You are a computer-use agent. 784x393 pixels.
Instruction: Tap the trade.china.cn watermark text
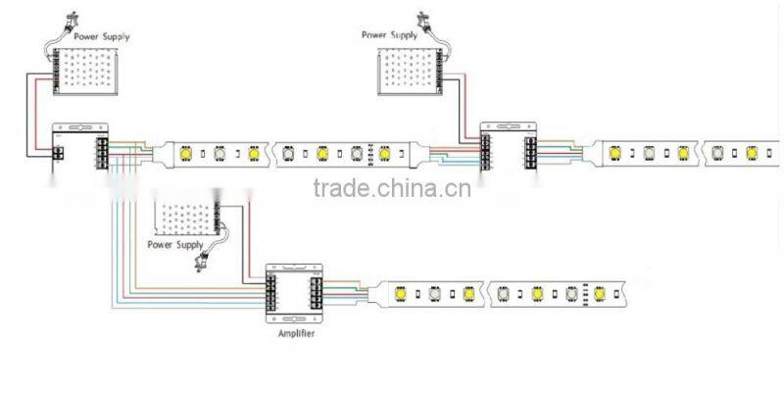392,187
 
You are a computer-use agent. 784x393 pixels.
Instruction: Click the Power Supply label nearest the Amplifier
174,244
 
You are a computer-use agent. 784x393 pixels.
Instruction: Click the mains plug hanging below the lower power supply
206,259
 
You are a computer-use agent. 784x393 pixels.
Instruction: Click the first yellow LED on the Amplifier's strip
401,292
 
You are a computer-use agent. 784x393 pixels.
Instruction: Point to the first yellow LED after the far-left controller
184,153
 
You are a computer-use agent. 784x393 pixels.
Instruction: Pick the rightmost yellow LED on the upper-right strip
753,154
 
